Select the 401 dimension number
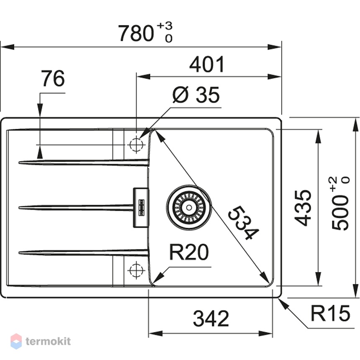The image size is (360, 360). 207,64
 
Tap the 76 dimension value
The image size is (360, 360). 53,78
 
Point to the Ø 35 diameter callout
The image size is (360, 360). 196,95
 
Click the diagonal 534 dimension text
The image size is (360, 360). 243,223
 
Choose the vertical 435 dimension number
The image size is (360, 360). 303,208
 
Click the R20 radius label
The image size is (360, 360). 189,252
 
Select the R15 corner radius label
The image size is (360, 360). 330,313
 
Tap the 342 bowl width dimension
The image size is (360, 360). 211,319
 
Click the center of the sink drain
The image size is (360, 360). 189,207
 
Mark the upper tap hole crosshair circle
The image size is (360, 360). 136,145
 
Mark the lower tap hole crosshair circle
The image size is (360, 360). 136,270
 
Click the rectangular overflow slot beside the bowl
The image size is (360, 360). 141,208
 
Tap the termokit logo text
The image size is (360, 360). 48,341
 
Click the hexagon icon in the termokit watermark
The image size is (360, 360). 16,341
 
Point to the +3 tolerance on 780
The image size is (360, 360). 165,26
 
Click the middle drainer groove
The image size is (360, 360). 76,208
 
